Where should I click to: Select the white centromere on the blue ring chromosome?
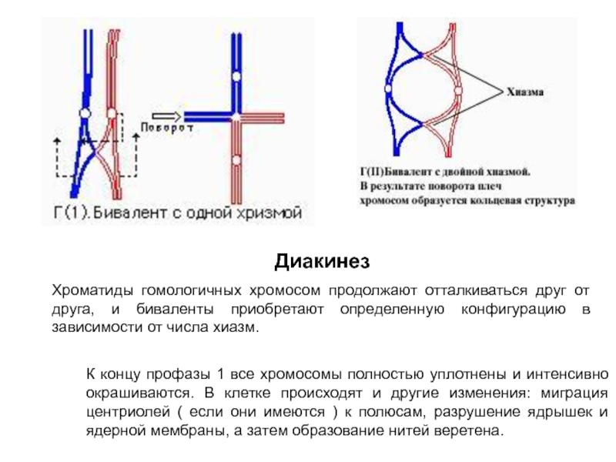coord(387,89)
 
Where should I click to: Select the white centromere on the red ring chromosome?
coord(458,90)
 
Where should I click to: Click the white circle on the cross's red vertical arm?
coord(237,160)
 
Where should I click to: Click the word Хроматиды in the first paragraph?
coord(92,292)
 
